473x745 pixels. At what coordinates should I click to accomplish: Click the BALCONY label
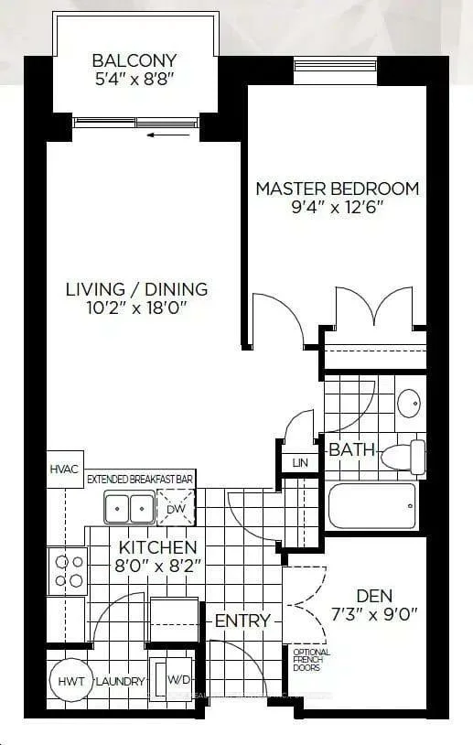pos(134,61)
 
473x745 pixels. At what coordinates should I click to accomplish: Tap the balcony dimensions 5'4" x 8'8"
pos(134,80)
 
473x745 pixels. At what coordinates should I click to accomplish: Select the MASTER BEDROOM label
pos(337,189)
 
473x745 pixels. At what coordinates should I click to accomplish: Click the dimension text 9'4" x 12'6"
pos(337,207)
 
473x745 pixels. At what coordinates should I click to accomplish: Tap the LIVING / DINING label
pos(136,289)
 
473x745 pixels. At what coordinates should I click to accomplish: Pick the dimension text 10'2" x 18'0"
pos(136,308)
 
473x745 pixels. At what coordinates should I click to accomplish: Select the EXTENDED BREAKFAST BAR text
pos(140,479)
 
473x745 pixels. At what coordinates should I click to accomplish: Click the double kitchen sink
pos(129,506)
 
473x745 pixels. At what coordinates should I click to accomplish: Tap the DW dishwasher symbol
pos(175,506)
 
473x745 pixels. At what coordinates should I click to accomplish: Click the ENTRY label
pos(242,621)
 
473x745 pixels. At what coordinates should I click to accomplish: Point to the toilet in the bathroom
pos(403,457)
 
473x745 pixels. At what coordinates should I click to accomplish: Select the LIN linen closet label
pos(301,463)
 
